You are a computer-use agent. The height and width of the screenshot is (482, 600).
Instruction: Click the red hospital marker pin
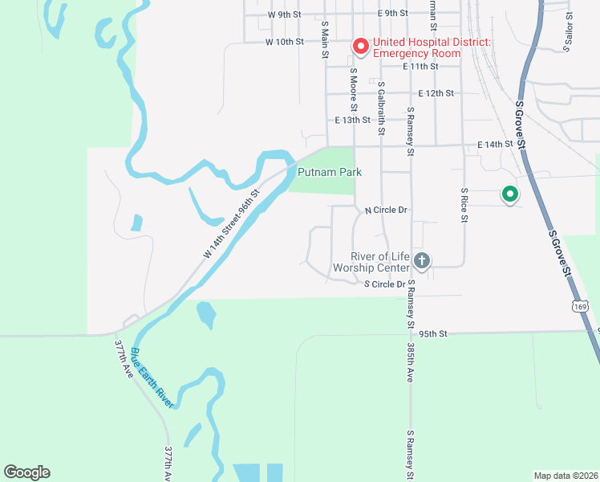tap(361, 47)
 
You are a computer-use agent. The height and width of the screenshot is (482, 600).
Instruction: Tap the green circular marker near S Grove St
tap(509, 194)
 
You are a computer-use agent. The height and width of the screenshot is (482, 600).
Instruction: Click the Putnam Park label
tap(330, 172)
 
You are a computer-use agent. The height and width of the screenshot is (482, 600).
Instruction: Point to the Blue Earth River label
tap(152, 378)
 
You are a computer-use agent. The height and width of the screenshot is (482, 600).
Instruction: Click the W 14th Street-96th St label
tap(232, 223)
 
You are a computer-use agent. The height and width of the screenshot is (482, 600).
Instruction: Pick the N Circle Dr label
tap(387, 210)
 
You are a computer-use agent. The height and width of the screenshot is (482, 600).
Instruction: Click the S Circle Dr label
tap(386, 284)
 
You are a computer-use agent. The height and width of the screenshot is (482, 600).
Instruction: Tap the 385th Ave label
tap(410, 351)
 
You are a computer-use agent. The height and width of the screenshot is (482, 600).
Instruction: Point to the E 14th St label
tap(495, 144)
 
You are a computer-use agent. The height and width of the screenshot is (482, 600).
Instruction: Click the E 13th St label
tap(353, 120)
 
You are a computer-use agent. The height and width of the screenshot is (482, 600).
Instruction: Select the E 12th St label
tap(436, 93)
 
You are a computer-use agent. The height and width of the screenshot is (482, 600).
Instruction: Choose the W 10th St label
tap(285, 41)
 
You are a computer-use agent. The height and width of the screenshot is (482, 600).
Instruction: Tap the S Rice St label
tap(464, 206)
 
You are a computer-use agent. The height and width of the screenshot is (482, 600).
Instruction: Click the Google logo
tap(27, 472)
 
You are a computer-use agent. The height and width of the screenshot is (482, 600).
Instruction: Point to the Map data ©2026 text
tap(566, 476)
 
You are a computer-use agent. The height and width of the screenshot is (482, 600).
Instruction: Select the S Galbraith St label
tap(381, 108)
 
